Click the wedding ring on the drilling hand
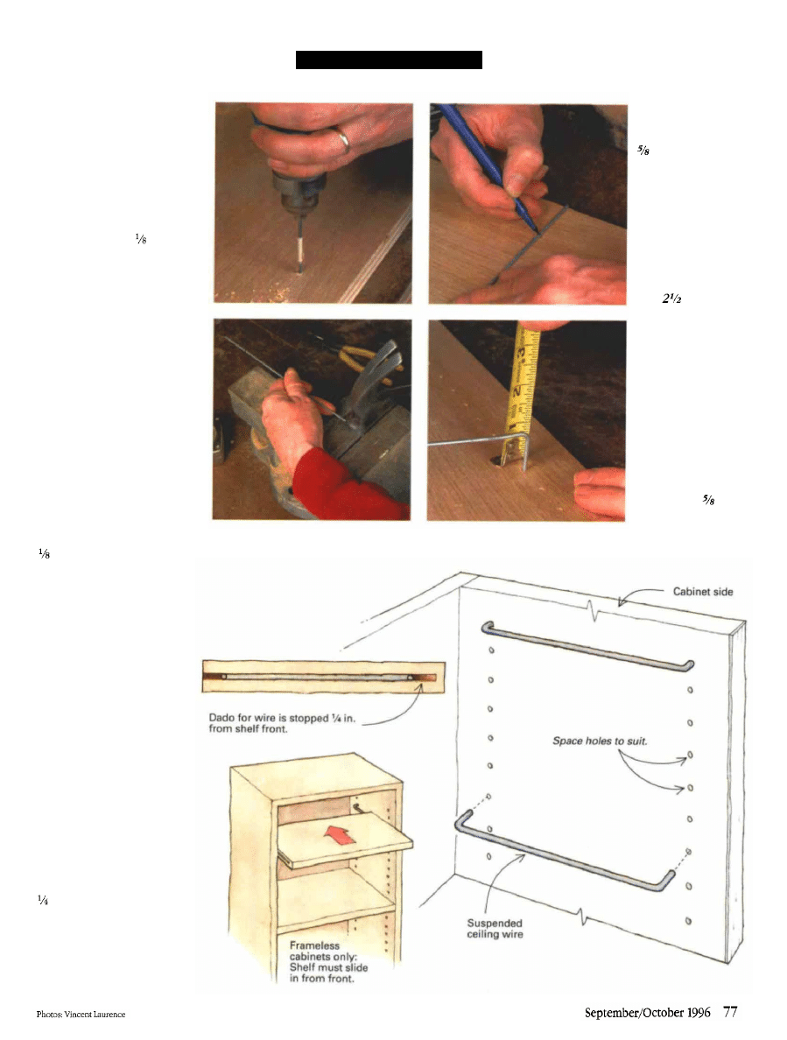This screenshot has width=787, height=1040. [x=343, y=140]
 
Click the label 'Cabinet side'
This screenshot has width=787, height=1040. [x=703, y=592]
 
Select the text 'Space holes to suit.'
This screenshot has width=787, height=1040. [x=600, y=741]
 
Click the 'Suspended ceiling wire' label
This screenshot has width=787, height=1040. [x=495, y=929]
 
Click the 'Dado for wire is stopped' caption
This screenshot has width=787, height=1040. [x=282, y=723]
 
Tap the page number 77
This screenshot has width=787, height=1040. [x=730, y=1012]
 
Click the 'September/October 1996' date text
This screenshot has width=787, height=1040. [x=647, y=1013]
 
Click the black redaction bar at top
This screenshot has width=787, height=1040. [x=389, y=60]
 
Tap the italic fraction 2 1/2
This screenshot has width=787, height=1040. [x=671, y=299]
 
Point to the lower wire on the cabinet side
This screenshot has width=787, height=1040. [x=564, y=853]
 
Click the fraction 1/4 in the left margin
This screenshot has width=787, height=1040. [x=43, y=900]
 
